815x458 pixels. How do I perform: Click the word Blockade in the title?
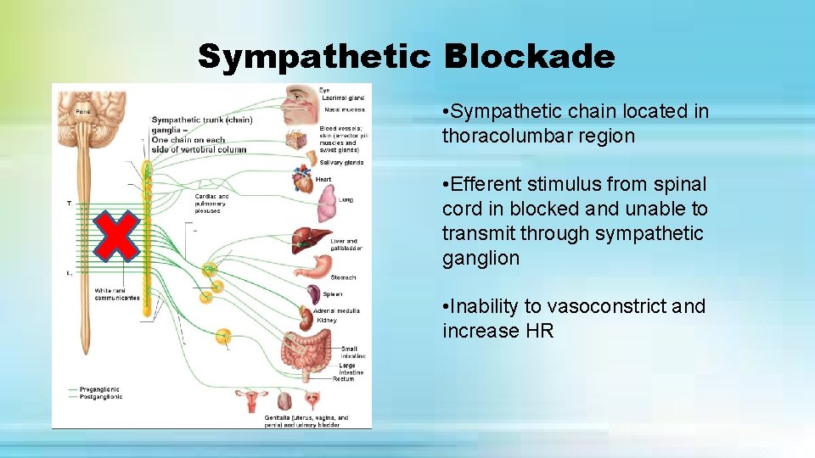point(528,57)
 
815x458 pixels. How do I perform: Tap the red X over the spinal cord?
point(119,235)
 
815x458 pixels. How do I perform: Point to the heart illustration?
point(302,180)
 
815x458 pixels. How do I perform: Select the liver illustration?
point(306,240)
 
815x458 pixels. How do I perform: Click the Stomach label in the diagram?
point(343,277)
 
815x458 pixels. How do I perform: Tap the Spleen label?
point(333,294)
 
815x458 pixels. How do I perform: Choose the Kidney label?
point(327,321)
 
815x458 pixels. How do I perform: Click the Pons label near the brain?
point(82,111)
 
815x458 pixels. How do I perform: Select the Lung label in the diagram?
point(346,200)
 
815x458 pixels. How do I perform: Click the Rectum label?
point(343,379)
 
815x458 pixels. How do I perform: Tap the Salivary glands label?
point(341,162)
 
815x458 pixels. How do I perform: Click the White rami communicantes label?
point(117,294)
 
